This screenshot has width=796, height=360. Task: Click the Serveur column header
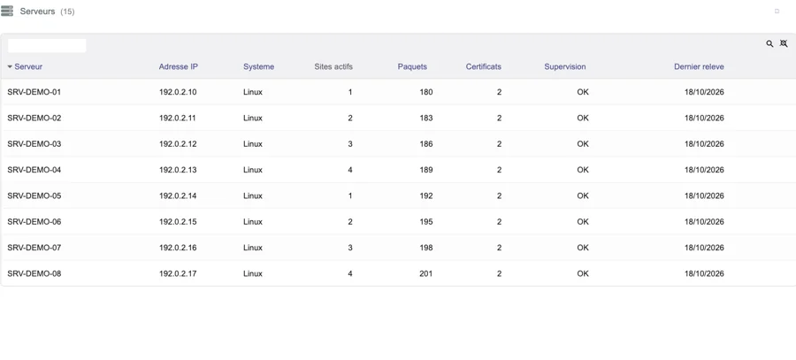click(x=28, y=66)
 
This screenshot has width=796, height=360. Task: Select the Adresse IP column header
click(x=178, y=66)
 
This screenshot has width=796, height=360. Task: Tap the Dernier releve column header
click(x=699, y=66)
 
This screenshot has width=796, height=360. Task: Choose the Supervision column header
click(x=565, y=66)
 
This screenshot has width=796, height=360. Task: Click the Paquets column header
click(x=412, y=66)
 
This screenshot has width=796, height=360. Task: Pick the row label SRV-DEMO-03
click(x=34, y=143)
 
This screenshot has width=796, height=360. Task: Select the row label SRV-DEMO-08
click(x=34, y=273)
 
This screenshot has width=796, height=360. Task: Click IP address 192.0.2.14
click(x=178, y=195)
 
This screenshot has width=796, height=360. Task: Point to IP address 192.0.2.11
click(x=178, y=118)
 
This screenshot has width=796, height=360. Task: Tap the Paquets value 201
click(x=426, y=273)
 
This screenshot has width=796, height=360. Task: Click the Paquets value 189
click(x=426, y=170)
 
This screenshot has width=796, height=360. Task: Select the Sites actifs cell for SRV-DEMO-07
click(x=349, y=248)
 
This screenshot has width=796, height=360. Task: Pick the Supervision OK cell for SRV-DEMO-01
click(x=583, y=92)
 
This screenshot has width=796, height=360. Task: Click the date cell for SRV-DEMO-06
click(x=704, y=221)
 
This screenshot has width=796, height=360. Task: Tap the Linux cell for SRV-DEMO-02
click(x=253, y=118)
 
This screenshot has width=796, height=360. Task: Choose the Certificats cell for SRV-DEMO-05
click(x=499, y=195)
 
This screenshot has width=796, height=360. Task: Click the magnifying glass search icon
click(x=769, y=43)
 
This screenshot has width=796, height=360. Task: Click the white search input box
click(x=47, y=46)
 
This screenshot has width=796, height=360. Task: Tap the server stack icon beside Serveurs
click(x=7, y=11)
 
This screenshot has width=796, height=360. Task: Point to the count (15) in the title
click(x=67, y=11)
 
